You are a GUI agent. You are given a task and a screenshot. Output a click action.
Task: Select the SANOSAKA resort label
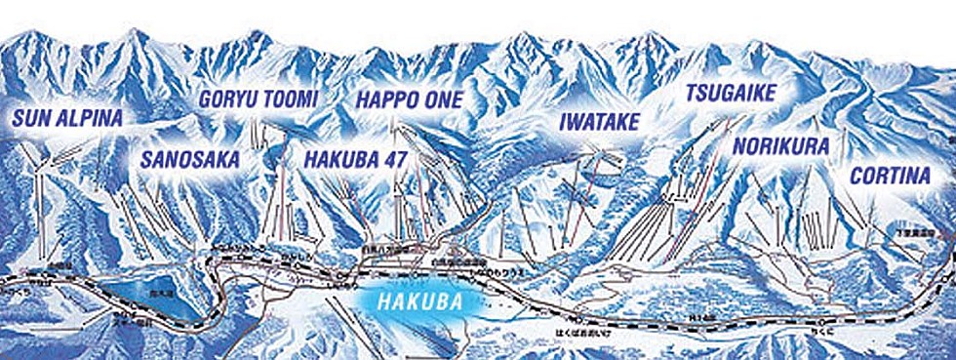coord(190,160)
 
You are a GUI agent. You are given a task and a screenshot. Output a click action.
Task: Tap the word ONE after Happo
coord(443,100)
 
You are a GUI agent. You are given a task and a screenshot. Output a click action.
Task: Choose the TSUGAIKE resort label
coord(731,94)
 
